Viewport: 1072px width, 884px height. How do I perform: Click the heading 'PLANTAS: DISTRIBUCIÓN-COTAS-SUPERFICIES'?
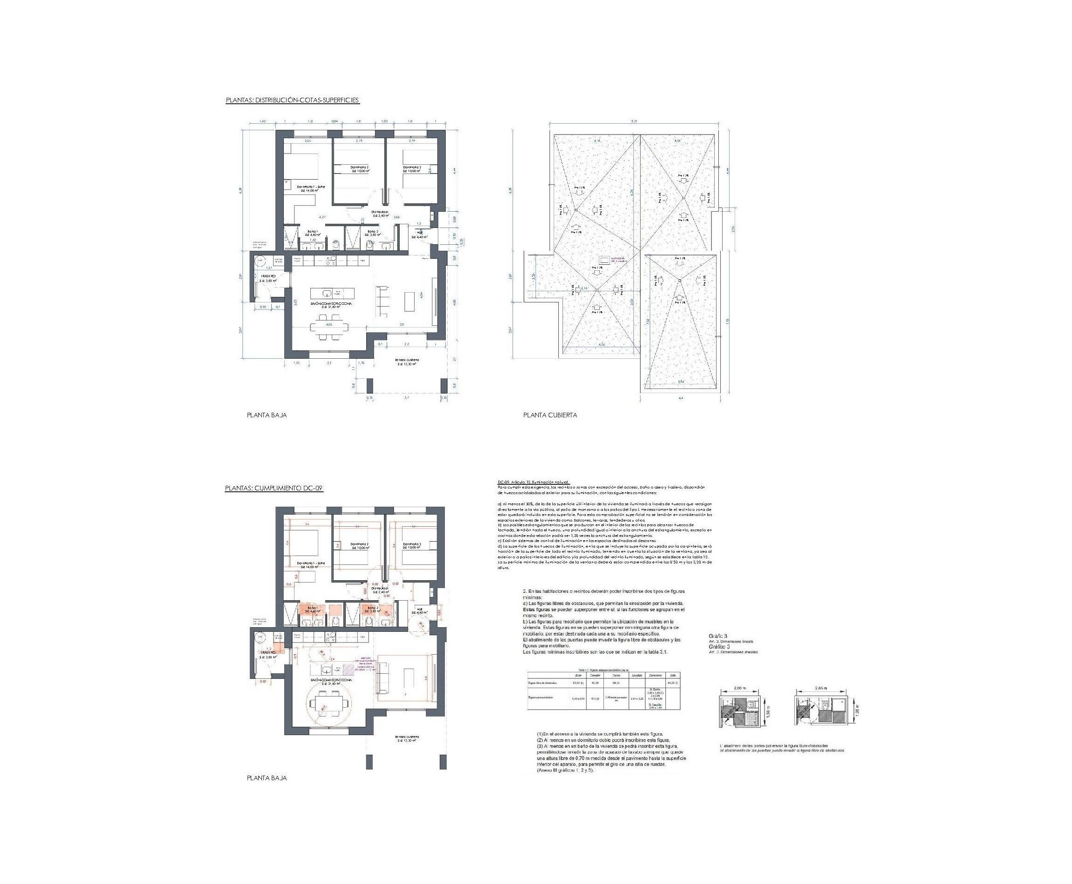(292, 100)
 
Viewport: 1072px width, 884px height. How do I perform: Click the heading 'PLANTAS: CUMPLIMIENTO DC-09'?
(275, 488)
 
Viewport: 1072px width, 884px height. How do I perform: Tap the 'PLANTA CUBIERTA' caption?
(550, 415)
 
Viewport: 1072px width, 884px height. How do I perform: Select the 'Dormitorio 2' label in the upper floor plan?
(359, 169)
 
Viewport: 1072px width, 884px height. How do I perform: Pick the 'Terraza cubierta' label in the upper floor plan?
(406, 361)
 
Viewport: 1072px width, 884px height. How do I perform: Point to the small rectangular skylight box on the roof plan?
(606, 259)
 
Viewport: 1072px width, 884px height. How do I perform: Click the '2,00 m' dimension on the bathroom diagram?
(738, 688)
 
